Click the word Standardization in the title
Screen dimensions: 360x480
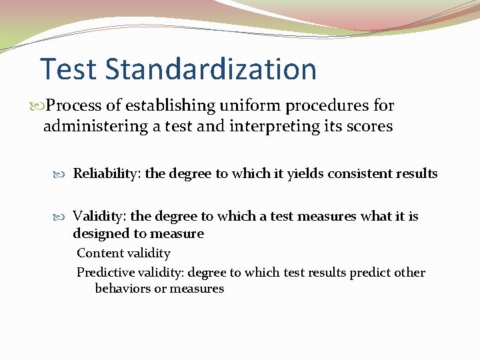click(x=210, y=69)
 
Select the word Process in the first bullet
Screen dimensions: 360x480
click(x=74, y=106)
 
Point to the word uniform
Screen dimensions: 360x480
click(x=264, y=106)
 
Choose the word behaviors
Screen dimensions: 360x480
click(x=122, y=289)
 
